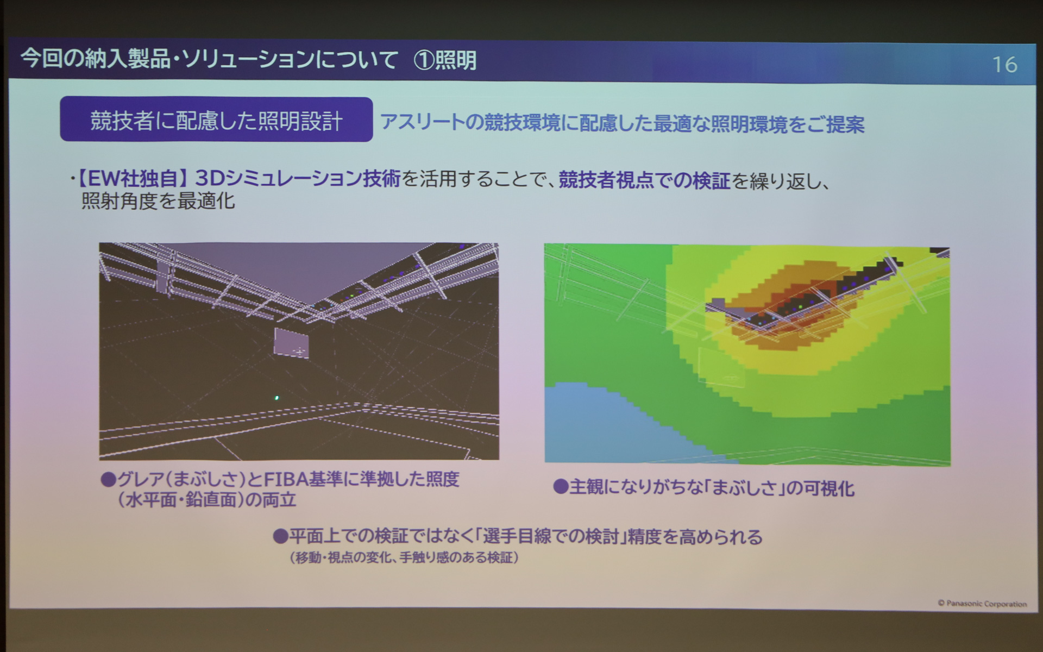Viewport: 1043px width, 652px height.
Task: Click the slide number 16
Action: [x=1004, y=65]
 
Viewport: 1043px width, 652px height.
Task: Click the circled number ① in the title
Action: [x=423, y=60]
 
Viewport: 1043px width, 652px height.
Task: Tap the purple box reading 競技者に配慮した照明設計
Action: [x=216, y=120]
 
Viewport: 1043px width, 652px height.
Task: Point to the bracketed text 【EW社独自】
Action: [x=134, y=178]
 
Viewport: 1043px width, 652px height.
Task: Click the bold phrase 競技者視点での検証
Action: [x=644, y=180]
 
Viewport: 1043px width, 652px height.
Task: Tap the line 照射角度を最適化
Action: [x=158, y=201]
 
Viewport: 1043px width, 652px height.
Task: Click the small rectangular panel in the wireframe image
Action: [x=291, y=343]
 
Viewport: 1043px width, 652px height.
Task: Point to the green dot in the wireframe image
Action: [x=277, y=398]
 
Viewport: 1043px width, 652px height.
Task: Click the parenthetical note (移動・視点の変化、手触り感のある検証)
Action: [x=404, y=557]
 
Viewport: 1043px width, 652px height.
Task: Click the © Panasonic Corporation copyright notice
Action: [x=982, y=603]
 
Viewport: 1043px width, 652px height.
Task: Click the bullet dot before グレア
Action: [x=109, y=479]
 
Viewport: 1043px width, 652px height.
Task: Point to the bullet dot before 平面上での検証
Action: [x=280, y=537]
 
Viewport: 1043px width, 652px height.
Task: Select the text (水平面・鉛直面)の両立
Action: [x=207, y=500]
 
